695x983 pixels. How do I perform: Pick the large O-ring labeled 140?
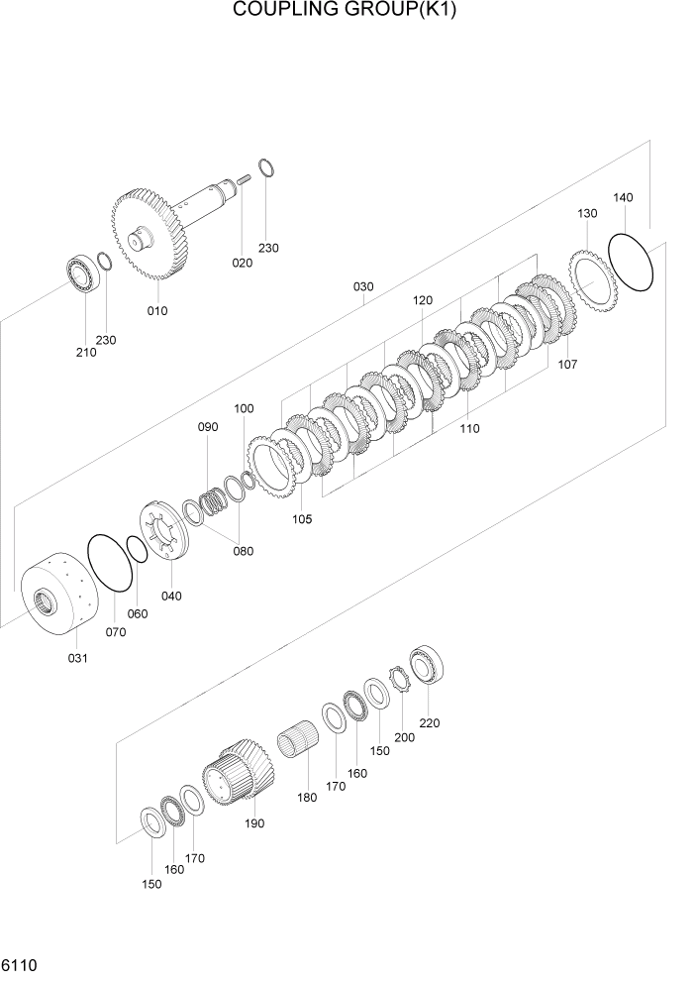(631, 264)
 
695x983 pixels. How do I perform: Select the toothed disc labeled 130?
(592, 278)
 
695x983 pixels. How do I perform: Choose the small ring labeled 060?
(137, 550)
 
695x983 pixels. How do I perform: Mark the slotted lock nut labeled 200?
(402, 681)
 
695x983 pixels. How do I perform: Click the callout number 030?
(363, 287)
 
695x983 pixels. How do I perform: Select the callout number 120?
(424, 299)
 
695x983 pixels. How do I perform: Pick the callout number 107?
(567, 365)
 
